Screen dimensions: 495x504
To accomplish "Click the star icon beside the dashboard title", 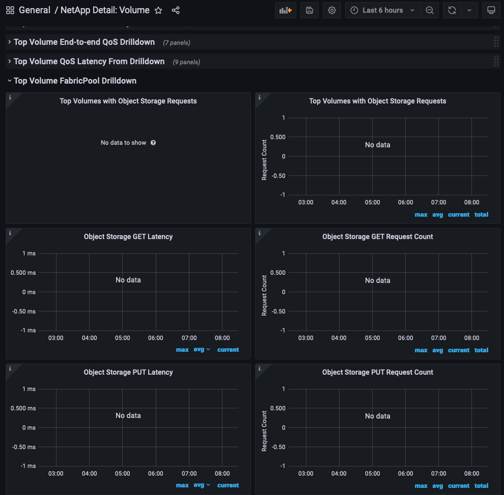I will click(158, 10).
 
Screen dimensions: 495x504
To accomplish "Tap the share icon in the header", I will click(176, 10).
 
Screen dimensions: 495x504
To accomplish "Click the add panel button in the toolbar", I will click(286, 10).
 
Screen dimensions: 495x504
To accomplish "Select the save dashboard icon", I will click(310, 10).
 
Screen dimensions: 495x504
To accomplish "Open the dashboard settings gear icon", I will click(332, 10).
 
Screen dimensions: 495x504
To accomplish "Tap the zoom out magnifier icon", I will click(430, 10).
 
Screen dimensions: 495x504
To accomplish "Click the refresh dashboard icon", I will click(452, 10).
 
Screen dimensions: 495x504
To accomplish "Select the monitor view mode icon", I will click(491, 10).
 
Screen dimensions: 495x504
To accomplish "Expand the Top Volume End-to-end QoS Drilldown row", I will click(84, 42).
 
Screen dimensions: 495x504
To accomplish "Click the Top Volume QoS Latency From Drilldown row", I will click(89, 61).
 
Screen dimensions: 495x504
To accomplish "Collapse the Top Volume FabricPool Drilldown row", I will click(75, 81).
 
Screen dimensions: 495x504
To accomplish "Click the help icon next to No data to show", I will click(153, 143).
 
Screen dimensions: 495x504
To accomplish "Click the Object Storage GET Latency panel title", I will click(128, 237).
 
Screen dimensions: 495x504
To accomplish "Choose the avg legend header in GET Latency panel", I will click(199, 350).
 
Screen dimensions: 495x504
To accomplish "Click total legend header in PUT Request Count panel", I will click(481, 485).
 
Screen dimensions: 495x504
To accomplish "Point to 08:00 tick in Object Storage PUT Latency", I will click(222, 474).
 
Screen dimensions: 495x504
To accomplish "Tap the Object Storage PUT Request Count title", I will click(378, 372).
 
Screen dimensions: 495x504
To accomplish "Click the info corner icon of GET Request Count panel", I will click(260, 233).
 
